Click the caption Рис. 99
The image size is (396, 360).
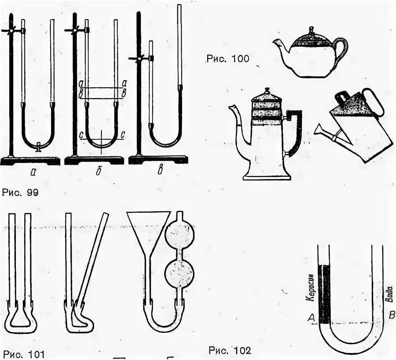tap(20, 192)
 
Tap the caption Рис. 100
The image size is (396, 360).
tap(227, 59)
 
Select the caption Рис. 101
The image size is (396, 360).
tap(23, 353)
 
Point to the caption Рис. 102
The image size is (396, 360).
tap(230, 351)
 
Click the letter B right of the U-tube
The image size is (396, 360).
tap(389, 314)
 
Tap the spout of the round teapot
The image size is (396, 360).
tap(278, 43)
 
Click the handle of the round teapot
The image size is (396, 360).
tap(342, 48)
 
